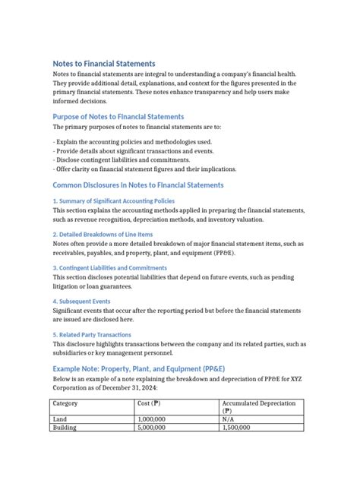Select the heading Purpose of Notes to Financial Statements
118,117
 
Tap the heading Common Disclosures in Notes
138,185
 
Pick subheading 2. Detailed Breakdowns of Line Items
103,235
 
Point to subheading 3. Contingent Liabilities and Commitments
109,268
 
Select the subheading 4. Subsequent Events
81,302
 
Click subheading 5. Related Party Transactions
92,335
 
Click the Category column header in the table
66,403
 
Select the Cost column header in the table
149,403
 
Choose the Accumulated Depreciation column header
258,403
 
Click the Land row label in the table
60,419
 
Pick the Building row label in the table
65,428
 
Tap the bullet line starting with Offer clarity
144,169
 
